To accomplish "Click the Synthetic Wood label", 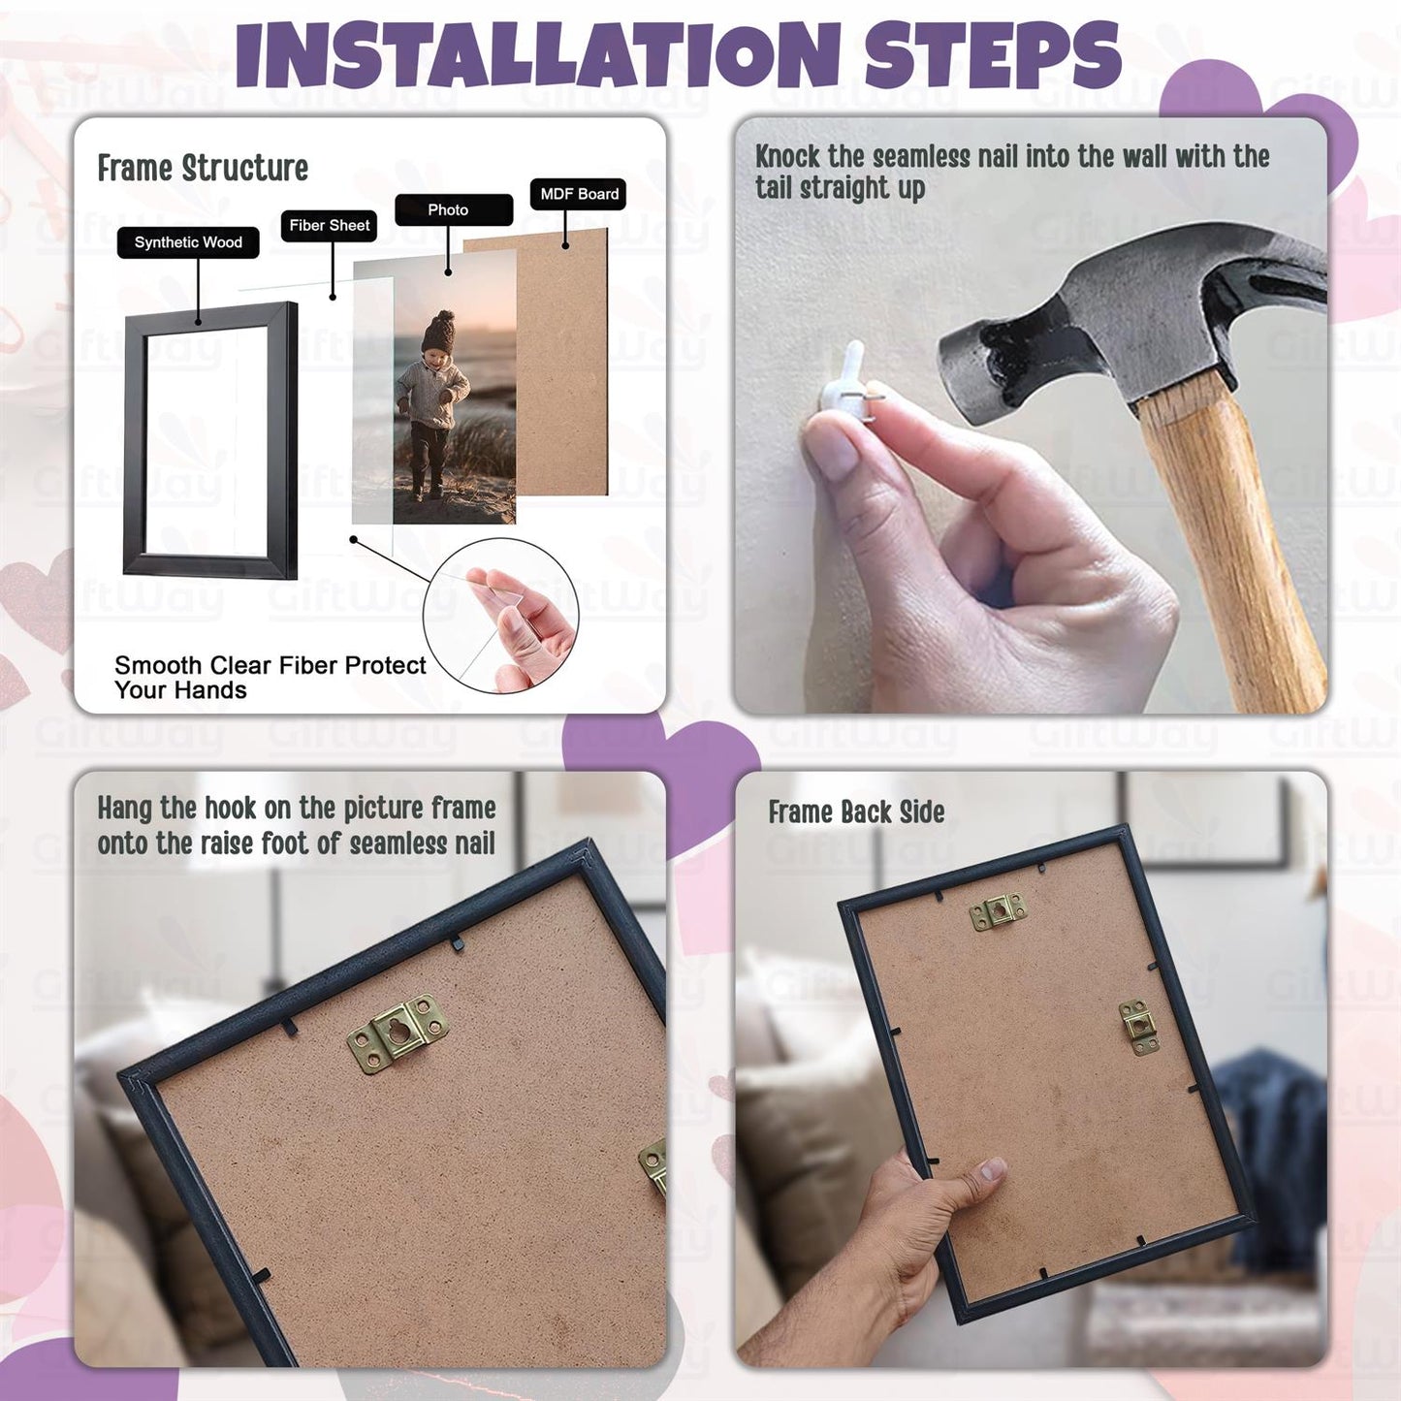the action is coord(188,242).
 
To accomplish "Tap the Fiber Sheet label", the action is coord(330,225).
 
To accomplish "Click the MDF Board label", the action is coord(579,194).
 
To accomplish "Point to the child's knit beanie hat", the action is coord(438,333).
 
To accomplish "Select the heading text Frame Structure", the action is coord(203,169).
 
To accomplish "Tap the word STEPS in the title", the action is coord(993,55).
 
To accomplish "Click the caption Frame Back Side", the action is coord(856,812).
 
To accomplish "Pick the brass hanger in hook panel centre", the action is coord(398,1034).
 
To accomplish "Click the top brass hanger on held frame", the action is coord(999,911).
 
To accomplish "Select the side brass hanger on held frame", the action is coord(1138,1027).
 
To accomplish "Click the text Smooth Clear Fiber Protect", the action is coord(270,665).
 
